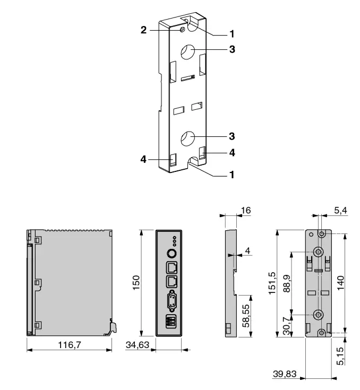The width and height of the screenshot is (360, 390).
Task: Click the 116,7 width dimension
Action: coord(70,345)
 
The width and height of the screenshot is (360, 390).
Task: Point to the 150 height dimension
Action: coord(136,282)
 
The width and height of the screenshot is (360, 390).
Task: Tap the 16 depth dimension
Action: coord(245,211)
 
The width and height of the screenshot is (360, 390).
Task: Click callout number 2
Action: coord(143,31)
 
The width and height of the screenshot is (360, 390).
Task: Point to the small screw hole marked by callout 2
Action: coord(183,31)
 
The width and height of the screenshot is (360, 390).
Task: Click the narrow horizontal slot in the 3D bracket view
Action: coord(187,79)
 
